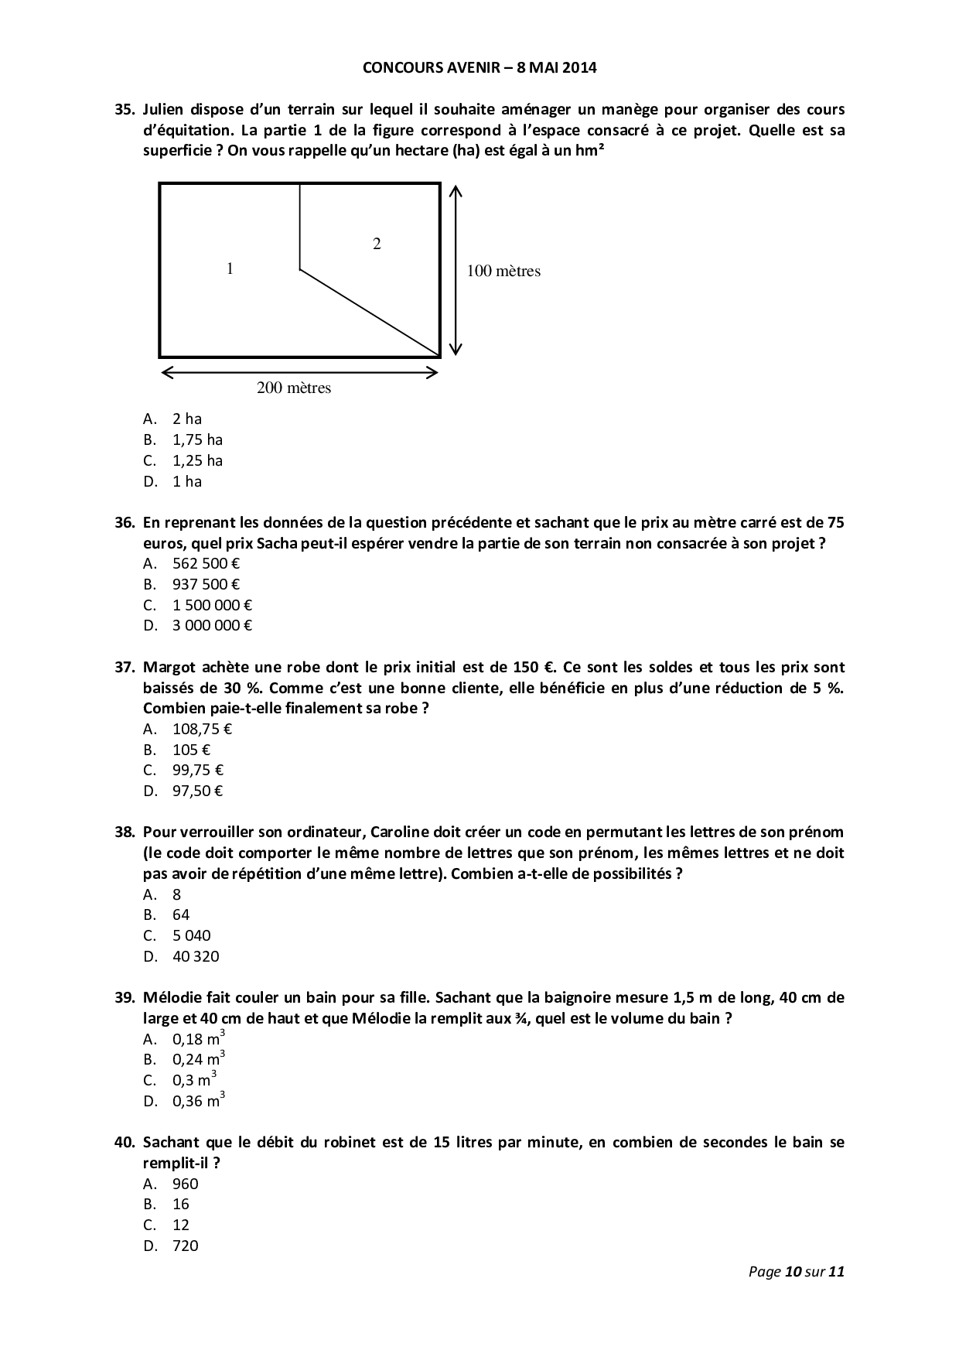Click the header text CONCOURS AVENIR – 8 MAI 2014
(x=479, y=67)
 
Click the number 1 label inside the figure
(x=230, y=269)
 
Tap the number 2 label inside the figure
(x=377, y=244)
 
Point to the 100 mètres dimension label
(x=503, y=271)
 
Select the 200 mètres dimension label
(x=294, y=388)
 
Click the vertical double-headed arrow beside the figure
(x=456, y=270)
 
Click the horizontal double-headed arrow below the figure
(x=299, y=373)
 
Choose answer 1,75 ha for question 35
(x=197, y=439)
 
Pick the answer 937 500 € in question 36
(x=206, y=584)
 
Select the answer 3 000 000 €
(x=212, y=625)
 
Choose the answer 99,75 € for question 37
(x=198, y=770)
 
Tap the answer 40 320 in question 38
(x=196, y=956)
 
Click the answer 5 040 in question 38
(x=191, y=935)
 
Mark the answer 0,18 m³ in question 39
(x=198, y=1039)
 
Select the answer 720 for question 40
(x=186, y=1246)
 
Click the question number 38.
(x=125, y=832)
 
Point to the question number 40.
(x=125, y=1142)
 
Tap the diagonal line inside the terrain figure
(x=370, y=313)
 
